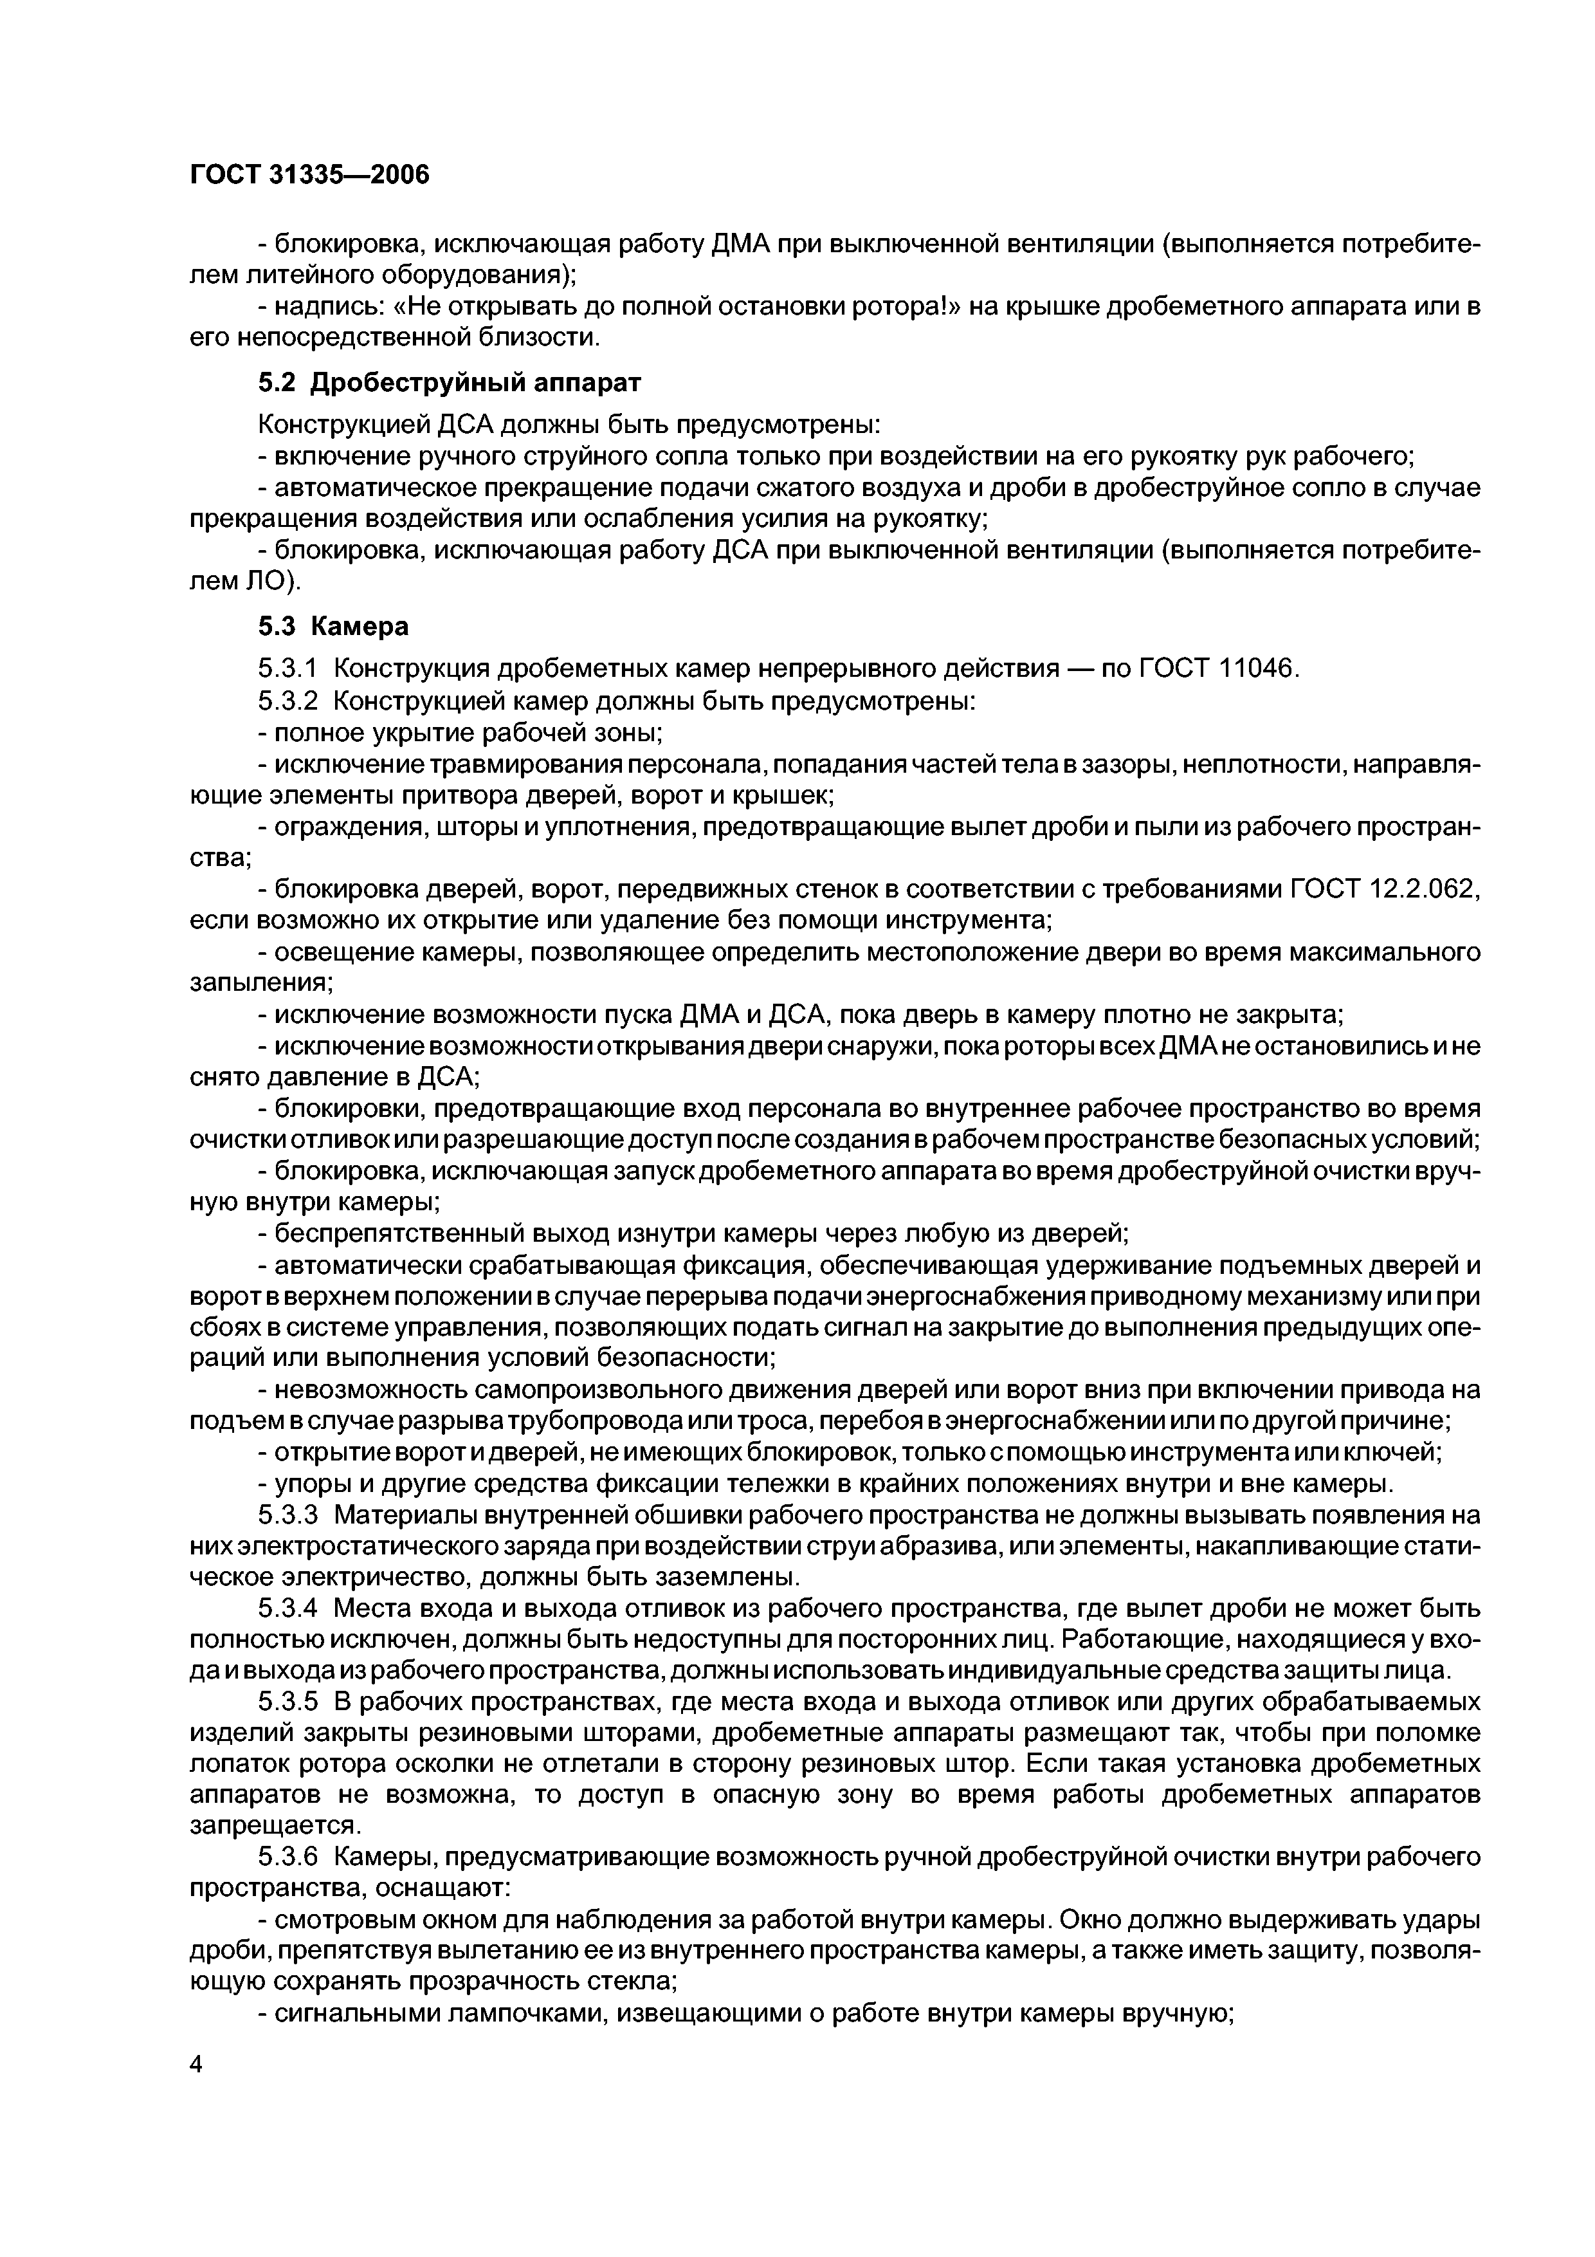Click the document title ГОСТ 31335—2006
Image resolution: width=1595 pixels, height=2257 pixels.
(x=309, y=175)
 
